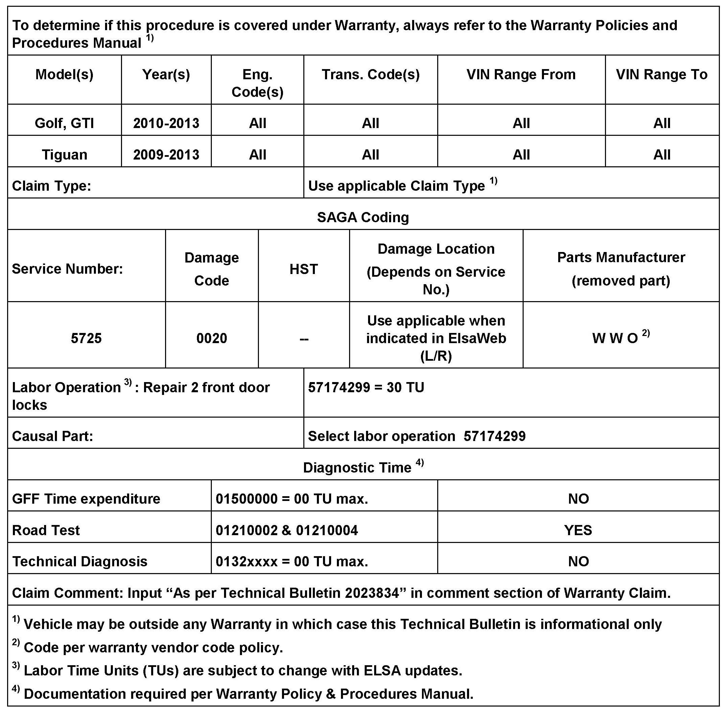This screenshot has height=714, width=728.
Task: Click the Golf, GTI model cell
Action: [64, 123]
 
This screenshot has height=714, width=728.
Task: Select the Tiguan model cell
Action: [64, 154]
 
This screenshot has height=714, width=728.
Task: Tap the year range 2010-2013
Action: [166, 123]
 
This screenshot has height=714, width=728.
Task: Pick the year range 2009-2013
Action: [166, 154]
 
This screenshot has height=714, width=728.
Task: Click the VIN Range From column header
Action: [521, 74]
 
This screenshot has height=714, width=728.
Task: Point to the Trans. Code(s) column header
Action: [370, 74]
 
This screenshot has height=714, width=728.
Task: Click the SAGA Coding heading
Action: [363, 217]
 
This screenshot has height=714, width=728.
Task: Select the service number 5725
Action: [86, 338]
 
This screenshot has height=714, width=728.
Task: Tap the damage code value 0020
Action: [211, 338]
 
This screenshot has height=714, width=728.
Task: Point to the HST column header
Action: [304, 269]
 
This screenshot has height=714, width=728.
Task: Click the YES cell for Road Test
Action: [578, 530]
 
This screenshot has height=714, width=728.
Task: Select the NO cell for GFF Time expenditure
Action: [578, 499]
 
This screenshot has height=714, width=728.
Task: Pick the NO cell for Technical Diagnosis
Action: [578, 561]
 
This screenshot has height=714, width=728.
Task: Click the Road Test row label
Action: [46, 530]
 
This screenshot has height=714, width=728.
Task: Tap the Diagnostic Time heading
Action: [357, 468]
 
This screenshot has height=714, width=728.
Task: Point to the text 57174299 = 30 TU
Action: [366, 387]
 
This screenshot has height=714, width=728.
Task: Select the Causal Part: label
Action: [52, 436]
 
